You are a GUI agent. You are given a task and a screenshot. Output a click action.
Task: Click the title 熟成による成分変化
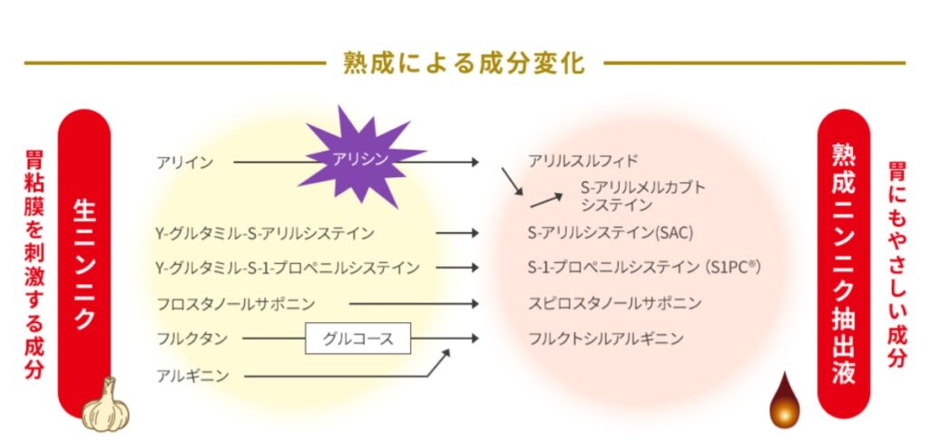pyautogui.click(x=464, y=64)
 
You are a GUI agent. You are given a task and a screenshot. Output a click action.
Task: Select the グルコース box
pyautogui.click(x=358, y=338)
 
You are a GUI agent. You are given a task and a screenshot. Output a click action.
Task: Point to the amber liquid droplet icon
pyautogui.click(x=782, y=403)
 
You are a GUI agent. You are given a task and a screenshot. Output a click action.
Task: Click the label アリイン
pyautogui.click(x=184, y=162)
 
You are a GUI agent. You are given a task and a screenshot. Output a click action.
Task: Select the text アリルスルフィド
pyautogui.click(x=583, y=162)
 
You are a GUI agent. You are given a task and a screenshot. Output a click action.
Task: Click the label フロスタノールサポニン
pyautogui.click(x=235, y=303)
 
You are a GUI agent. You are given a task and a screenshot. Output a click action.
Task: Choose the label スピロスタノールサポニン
pyautogui.click(x=615, y=303)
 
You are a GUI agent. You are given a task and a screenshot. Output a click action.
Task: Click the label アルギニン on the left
pyautogui.click(x=191, y=374)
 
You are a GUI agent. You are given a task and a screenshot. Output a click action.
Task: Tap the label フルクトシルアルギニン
pyautogui.click(x=606, y=338)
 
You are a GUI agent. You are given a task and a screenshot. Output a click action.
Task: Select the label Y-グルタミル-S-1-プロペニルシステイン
pyautogui.click(x=287, y=268)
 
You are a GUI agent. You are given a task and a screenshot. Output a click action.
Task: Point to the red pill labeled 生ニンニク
pyautogui.click(x=83, y=263)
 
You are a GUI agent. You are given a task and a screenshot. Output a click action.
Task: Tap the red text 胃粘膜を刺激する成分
pyautogui.click(x=34, y=263)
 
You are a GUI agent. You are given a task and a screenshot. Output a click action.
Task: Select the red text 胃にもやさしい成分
pyautogui.click(x=896, y=263)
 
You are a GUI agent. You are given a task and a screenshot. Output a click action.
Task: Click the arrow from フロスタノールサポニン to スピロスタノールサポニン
pyautogui.click(x=414, y=303)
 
